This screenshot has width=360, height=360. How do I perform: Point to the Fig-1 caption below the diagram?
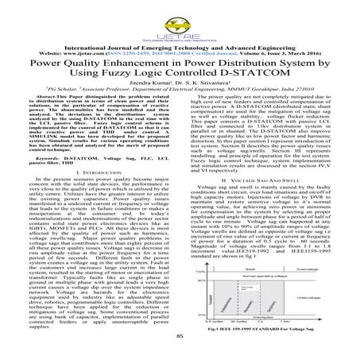pos(266,329)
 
